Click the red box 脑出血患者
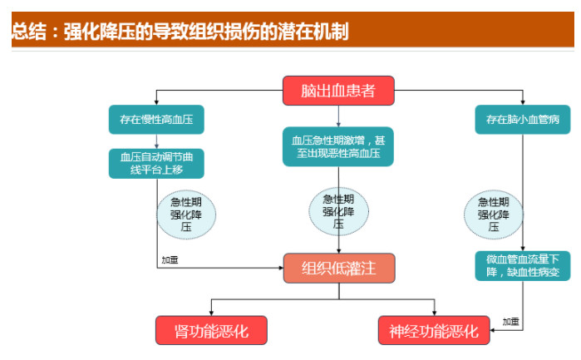click(337, 90)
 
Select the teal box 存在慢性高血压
click(156, 119)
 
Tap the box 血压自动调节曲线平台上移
click(156, 162)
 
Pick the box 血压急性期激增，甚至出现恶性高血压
click(337, 146)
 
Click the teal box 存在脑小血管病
click(522, 119)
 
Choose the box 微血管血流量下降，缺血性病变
click(522, 266)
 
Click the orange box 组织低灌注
click(337, 268)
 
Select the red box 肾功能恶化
click(211, 330)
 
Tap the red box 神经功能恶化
click(434, 330)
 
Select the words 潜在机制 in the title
click(315, 32)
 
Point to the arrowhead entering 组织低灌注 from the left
click(279, 268)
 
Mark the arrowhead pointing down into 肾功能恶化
click(211, 313)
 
